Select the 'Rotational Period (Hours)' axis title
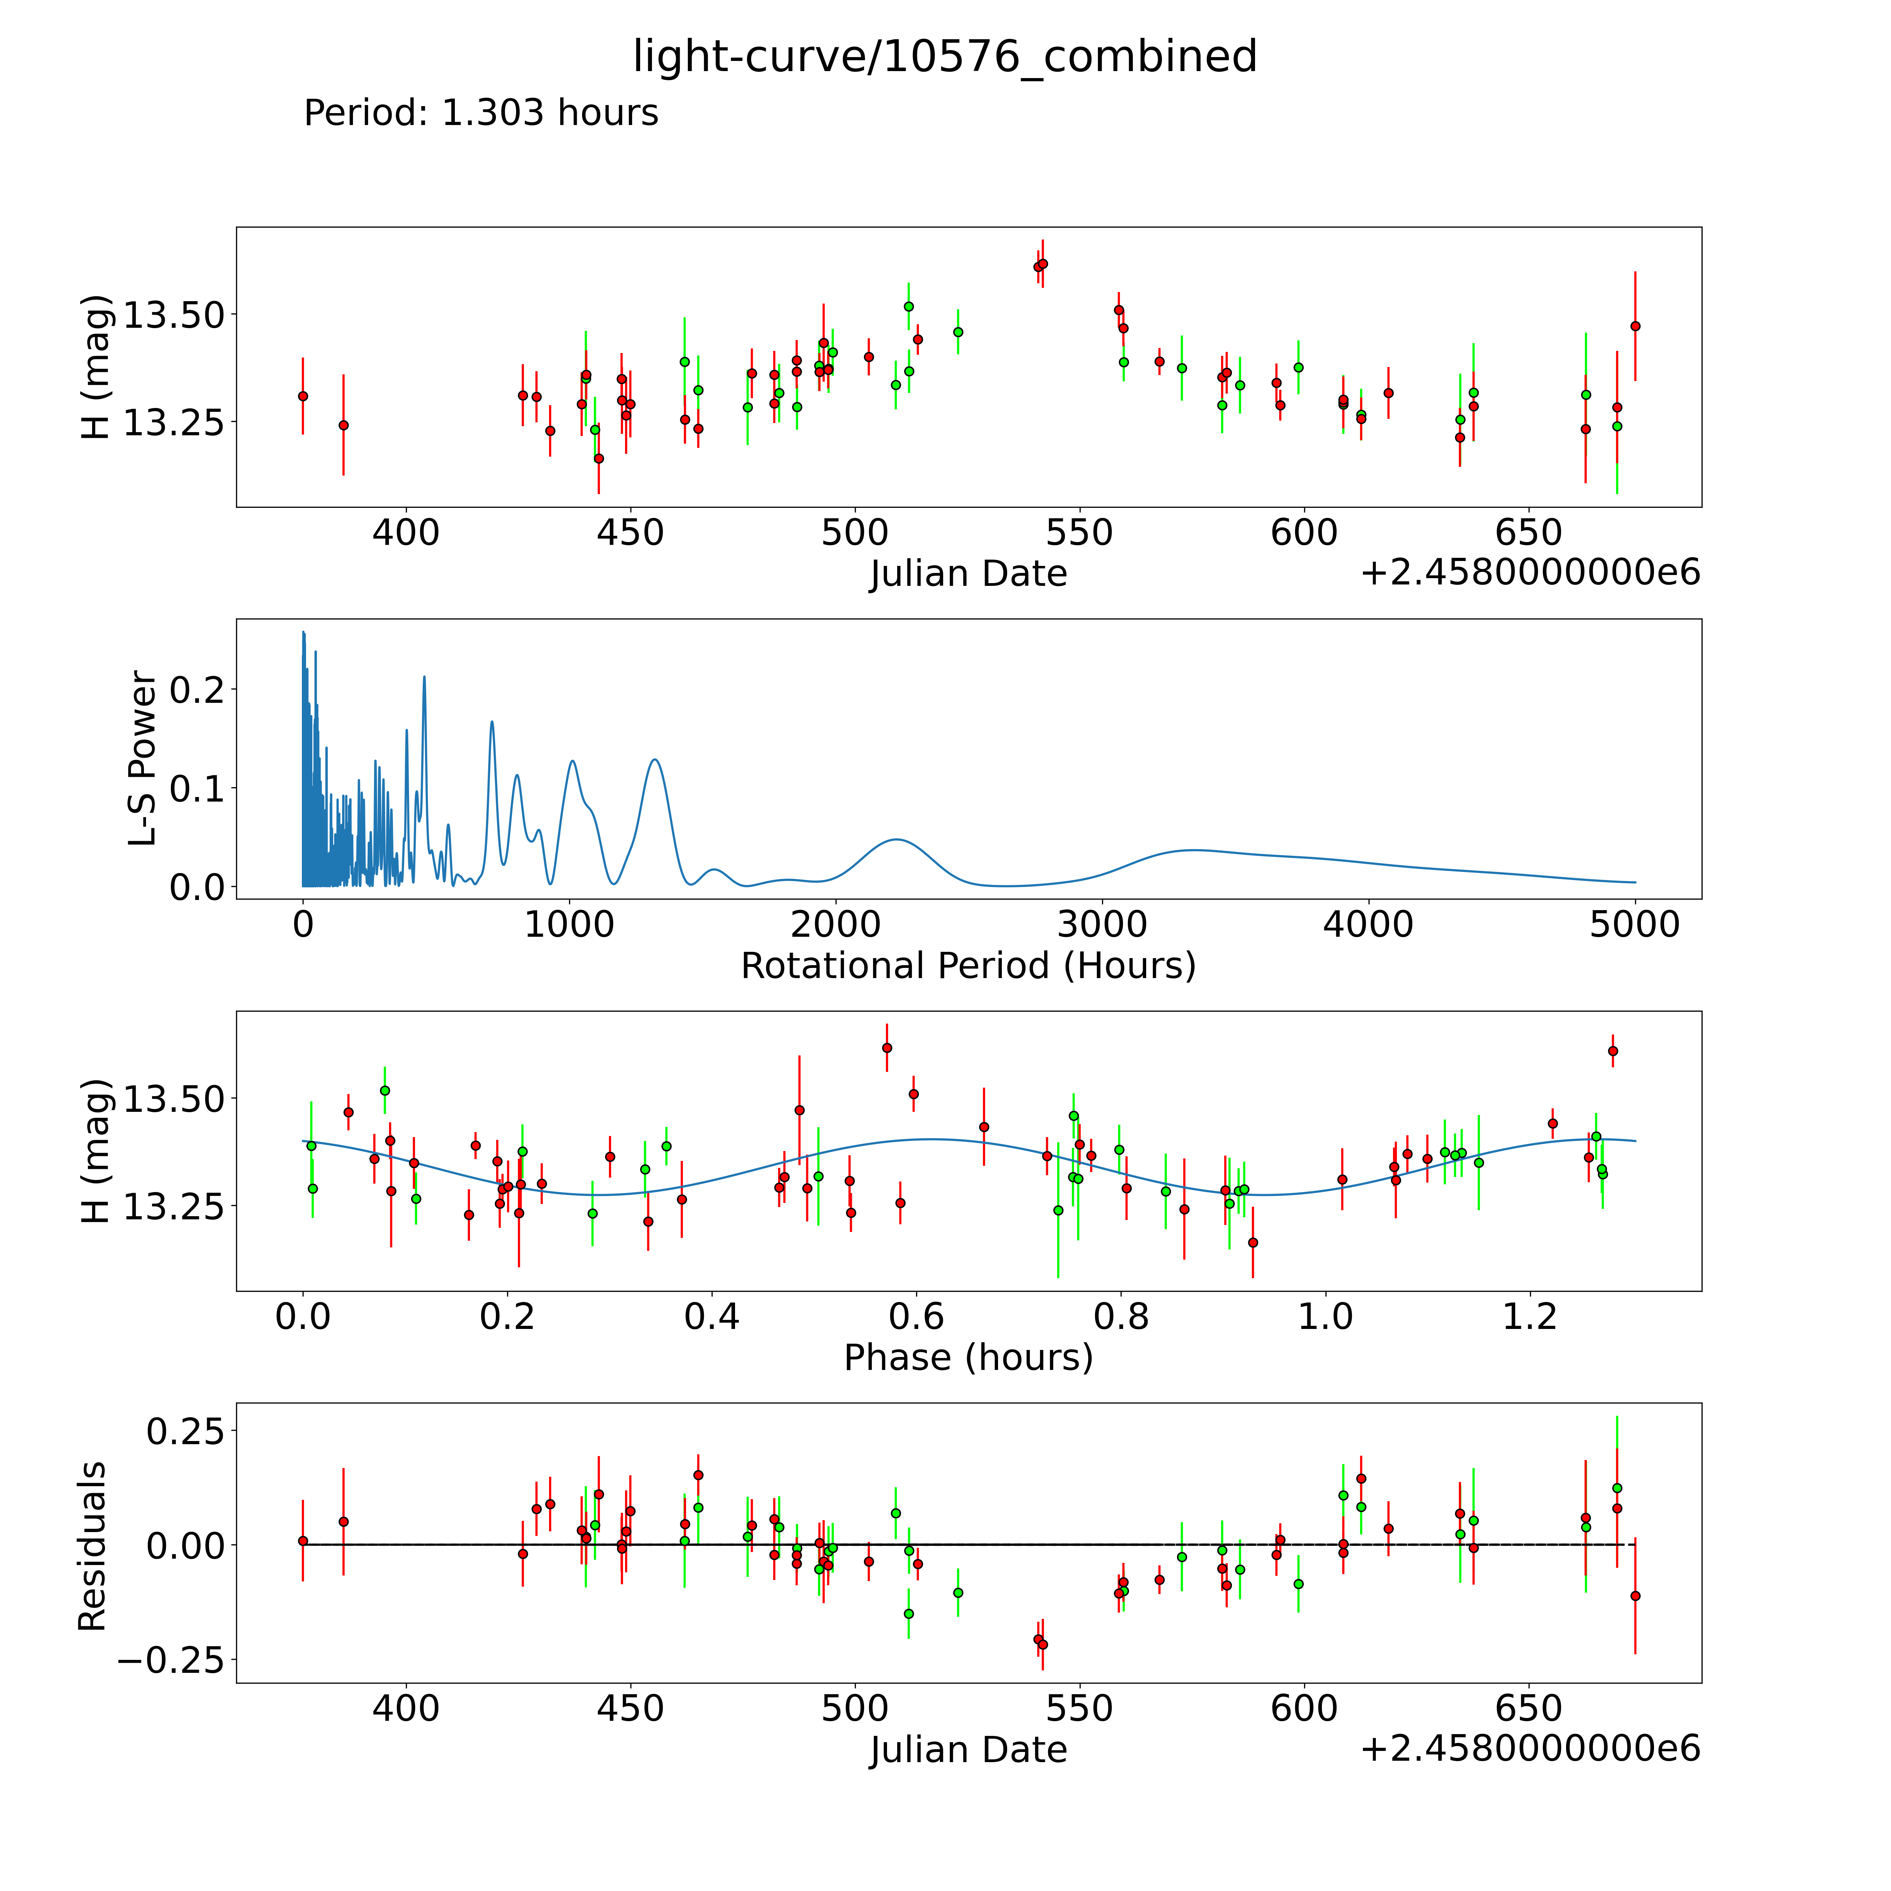point(968,966)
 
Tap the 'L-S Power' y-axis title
point(143,759)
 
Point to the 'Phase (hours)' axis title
point(968,1358)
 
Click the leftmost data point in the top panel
point(303,396)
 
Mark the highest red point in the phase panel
point(887,1047)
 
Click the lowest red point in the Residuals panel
point(1043,1644)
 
